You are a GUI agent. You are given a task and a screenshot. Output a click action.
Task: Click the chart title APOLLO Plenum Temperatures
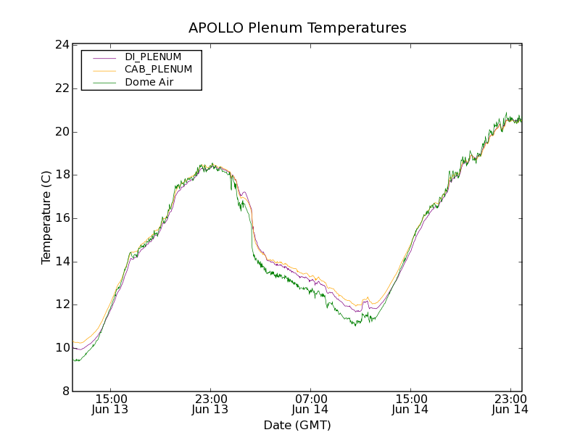click(297, 28)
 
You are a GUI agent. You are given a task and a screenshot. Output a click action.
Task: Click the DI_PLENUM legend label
click(153, 57)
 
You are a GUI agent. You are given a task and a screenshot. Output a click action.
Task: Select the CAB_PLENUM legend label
click(158, 70)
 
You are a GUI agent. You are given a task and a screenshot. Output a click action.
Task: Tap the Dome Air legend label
click(149, 83)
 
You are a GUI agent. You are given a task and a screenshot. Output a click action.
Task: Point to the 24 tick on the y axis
click(62, 45)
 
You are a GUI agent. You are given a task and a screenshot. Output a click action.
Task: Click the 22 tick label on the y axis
click(62, 88)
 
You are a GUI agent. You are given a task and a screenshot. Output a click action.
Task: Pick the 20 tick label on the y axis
click(62, 132)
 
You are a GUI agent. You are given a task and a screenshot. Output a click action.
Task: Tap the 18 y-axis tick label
click(62, 175)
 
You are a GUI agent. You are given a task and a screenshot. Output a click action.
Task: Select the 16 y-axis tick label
click(62, 218)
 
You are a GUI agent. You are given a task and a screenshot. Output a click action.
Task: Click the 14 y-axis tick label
click(62, 262)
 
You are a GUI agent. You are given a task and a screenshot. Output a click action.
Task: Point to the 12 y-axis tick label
click(62, 304)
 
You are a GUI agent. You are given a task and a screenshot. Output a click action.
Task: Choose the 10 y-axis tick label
click(62, 348)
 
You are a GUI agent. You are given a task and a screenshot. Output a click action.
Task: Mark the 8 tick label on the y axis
click(65, 391)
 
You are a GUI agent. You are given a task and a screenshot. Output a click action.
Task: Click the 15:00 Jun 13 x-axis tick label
click(111, 404)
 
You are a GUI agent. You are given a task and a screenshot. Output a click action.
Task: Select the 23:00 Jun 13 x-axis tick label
click(210, 404)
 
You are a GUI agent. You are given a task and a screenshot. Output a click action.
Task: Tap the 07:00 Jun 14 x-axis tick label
click(310, 404)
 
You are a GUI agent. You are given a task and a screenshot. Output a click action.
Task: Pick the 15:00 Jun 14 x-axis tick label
click(410, 404)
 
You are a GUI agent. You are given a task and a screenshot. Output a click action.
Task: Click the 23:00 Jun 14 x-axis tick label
click(510, 404)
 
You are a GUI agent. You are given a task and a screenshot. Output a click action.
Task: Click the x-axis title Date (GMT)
click(297, 425)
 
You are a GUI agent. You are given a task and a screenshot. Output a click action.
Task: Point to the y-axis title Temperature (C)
click(46, 217)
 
